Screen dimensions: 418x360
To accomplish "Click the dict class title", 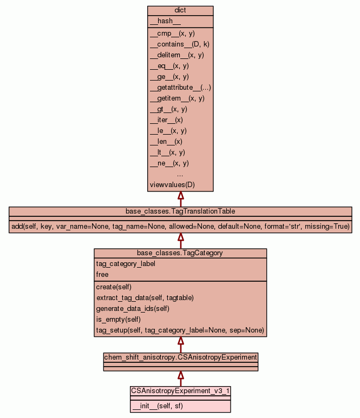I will (180, 10).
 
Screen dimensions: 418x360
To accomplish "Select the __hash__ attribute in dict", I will (161, 21).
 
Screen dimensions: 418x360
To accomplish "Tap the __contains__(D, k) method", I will (179, 44).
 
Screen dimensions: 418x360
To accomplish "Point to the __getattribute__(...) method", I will (180, 87).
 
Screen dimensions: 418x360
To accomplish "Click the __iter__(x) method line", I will (166, 120).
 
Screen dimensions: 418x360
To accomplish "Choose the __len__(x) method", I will (166, 141).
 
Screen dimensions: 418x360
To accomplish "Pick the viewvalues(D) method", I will (172, 184).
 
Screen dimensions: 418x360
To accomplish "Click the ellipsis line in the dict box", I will (180, 174).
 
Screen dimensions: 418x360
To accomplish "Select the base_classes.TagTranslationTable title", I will (180, 210).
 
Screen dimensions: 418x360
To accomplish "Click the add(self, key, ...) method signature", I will (180, 225).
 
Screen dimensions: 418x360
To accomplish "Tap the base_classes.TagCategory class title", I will (180, 253).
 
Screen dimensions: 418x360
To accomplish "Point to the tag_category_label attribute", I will (126, 264).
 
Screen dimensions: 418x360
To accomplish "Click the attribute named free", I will (102, 274).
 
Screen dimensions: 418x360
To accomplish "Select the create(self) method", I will (114, 287).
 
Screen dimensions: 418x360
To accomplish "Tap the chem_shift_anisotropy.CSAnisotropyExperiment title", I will (180, 357).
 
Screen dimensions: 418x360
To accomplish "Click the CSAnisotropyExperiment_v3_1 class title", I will (181, 390).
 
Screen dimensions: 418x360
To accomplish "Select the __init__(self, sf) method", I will (157, 406).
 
